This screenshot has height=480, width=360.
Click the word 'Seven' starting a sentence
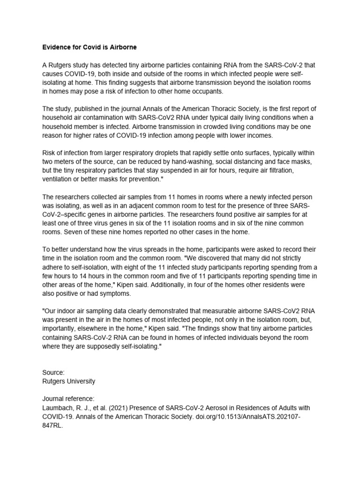(73, 232)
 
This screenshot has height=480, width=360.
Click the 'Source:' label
(53, 373)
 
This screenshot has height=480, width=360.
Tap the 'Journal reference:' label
(68, 399)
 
